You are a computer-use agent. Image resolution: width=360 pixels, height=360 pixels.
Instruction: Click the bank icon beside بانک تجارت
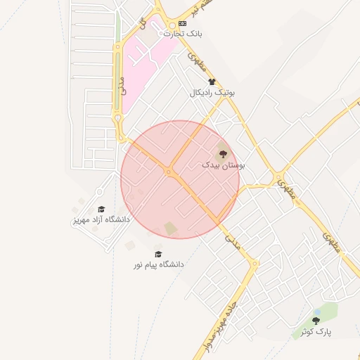click(x=183, y=23)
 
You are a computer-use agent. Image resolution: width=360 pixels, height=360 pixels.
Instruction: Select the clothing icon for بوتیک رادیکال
click(x=212, y=82)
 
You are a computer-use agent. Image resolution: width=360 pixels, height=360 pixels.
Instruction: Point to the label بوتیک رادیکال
click(x=212, y=92)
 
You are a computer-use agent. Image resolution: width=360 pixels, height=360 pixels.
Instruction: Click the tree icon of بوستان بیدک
click(x=223, y=153)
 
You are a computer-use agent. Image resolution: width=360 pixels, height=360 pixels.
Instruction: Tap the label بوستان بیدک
click(x=223, y=164)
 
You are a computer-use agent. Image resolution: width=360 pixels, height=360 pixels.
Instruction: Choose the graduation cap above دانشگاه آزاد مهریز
click(x=101, y=210)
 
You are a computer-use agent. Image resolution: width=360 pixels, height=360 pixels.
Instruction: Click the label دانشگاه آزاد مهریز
click(x=101, y=219)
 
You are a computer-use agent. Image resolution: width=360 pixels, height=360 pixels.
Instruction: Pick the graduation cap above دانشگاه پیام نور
click(x=158, y=255)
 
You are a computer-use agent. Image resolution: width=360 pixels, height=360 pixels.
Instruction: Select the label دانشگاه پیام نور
click(x=160, y=264)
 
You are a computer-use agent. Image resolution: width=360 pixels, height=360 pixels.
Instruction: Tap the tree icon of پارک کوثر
click(x=315, y=321)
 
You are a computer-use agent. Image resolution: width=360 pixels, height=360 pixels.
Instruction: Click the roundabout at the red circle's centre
click(x=169, y=172)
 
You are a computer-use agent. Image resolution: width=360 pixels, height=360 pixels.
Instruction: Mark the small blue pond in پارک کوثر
click(x=317, y=311)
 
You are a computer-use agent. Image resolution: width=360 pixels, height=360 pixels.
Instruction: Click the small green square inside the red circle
click(x=170, y=229)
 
